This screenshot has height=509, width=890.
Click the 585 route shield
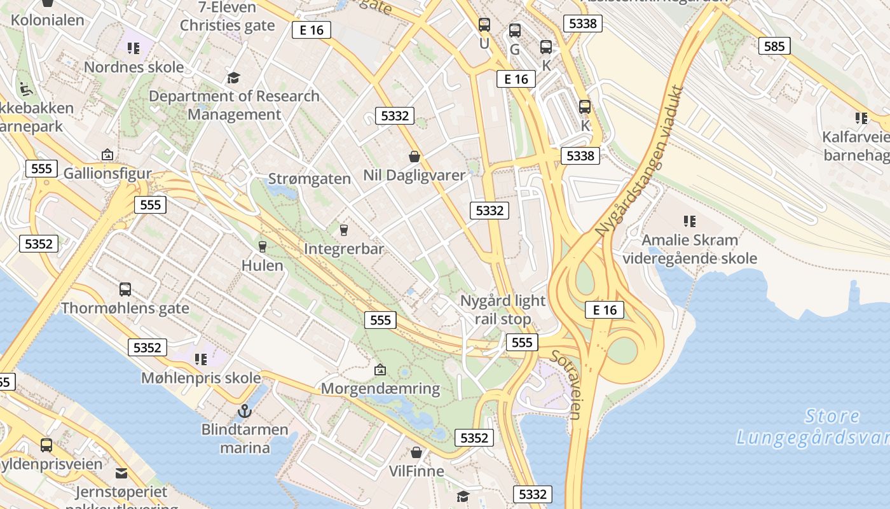pyautogui.click(x=774, y=46)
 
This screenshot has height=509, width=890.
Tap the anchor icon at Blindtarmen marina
pyautogui.click(x=245, y=411)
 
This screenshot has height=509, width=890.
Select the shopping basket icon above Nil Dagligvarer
pyautogui.click(x=414, y=156)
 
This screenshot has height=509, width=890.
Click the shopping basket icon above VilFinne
pyautogui.click(x=416, y=452)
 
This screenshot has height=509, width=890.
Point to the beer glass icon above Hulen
pyautogui.click(x=262, y=246)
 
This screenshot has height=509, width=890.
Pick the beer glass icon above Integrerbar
pyautogui.click(x=344, y=230)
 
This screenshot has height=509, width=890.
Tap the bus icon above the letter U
pyautogui.click(x=484, y=25)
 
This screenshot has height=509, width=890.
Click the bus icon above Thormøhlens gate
pyautogui.click(x=125, y=289)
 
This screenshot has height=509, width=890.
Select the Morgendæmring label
pyautogui.click(x=381, y=388)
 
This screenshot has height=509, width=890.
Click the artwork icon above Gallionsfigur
pyautogui.click(x=107, y=155)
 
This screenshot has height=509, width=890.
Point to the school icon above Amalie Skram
pyautogui.click(x=690, y=221)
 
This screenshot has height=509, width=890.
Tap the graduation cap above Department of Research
pyautogui.click(x=234, y=78)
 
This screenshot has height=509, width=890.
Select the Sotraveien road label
pyautogui.click(x=566, y=385)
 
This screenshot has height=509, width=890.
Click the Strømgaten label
pyautogui.click(x=310, y=178)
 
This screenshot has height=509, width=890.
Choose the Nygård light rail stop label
pyautogui.click(x=502, y=309)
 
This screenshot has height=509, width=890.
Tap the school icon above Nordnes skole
pyautogui.click(x=133, y=48)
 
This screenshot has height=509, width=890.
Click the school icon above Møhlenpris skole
pyautogui.click(x=201, y=359)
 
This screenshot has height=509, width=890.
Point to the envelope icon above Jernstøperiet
pyautogui.click(x=121, y=473)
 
